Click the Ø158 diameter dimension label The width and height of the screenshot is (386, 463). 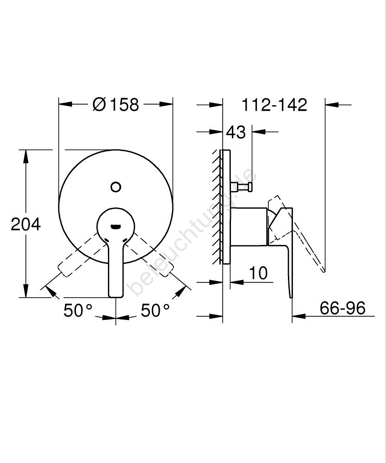point(116,105)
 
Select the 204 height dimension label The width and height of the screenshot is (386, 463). point(25,225)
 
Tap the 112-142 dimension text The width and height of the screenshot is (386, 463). point(274,105)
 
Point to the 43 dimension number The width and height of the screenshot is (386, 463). point(236,132)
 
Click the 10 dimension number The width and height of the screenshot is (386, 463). point(259,273)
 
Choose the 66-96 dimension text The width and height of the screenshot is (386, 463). point(342,308)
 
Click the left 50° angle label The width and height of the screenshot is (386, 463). point(78,310)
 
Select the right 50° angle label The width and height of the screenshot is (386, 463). point(155,310)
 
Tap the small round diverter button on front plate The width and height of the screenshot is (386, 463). point(116,187)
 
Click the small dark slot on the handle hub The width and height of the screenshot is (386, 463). point(115,227)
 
